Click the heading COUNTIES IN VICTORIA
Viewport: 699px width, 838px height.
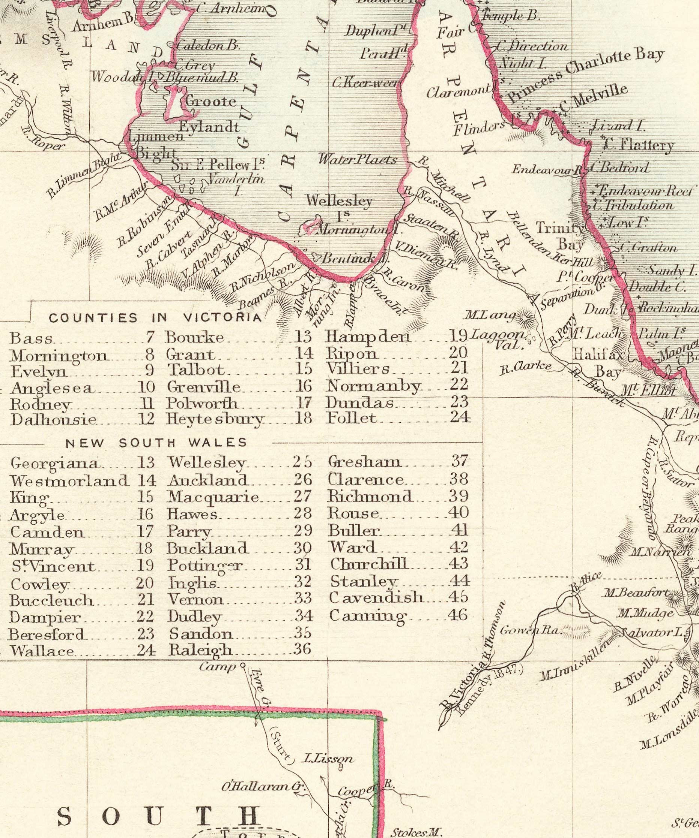155,318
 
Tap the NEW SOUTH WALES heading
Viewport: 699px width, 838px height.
156,443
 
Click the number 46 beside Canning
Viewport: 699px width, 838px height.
458,615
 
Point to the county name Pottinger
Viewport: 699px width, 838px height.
205,566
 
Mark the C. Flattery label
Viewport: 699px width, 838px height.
638,145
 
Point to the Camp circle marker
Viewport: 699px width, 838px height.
242,666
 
